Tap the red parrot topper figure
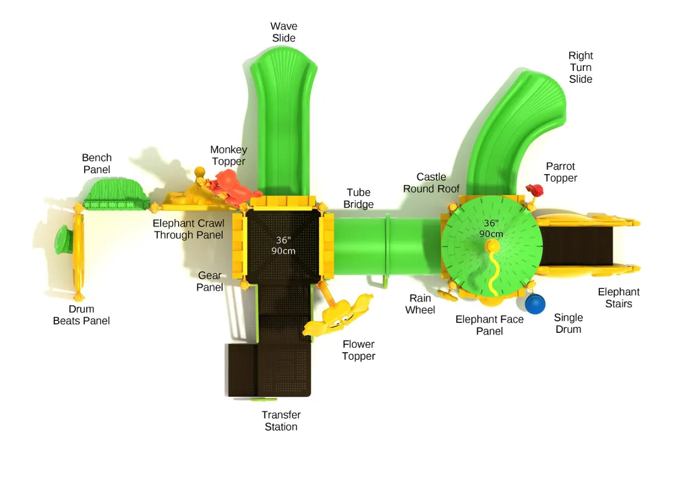[x=535, y=191]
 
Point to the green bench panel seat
[x=116, y=192]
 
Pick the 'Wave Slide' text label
[x=283, y=32]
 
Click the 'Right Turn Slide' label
[x=581, y=67]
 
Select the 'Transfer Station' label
[x=281, y=421]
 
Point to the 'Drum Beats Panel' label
[x=81, y=315]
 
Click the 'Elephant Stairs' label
[x=619, y=298]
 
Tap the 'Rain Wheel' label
[x=420, y=304]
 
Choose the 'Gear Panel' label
[x=209, y=281]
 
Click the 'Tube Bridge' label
[x=358, y=198]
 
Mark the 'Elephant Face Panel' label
[x=489, y=325]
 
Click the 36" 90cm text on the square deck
[x=283, y=245]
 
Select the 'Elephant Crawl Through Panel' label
[x=188, y=229]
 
